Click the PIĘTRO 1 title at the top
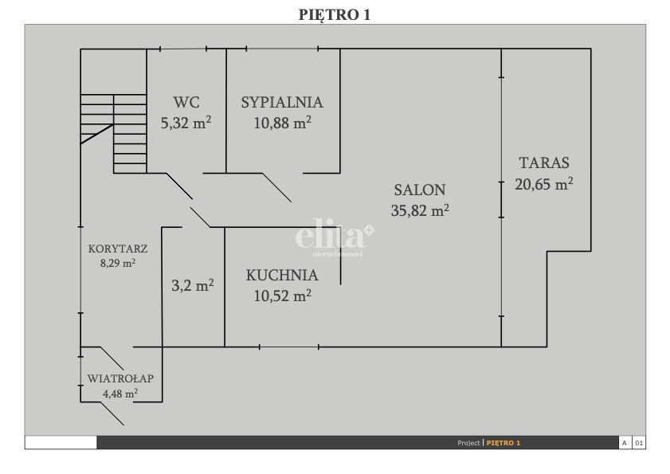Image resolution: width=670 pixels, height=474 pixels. [x=334, y=14]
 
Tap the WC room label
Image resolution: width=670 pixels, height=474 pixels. [x=186, y=102]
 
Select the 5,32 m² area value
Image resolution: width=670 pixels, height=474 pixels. [x=186, y=123]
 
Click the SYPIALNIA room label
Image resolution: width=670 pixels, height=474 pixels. [x=282, y=102]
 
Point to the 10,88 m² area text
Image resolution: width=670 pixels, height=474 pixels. [x=283, y=123]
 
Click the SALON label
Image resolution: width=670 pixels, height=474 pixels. [x=420, y=190]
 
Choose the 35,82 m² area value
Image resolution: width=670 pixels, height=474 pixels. [x=420, y=210]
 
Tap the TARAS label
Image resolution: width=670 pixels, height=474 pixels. [x=544, y=163]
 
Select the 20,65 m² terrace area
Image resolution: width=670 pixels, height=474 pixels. [x=544, y=184]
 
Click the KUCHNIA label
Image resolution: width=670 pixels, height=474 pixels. [x=282, y=275]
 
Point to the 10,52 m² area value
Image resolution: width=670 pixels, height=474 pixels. [x=283, y=296]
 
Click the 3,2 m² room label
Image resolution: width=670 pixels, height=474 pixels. [x=193, y=285]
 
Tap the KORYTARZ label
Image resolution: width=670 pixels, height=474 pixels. [x=118, y=249]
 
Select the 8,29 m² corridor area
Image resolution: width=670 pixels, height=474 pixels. [x=118, y=263]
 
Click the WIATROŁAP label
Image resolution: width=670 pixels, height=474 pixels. [x=120, y=378]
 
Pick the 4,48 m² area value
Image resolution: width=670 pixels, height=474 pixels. [x=120, y=394]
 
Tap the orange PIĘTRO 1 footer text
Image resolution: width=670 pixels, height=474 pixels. [x=503, y=443]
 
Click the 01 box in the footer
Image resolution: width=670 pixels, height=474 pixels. [x=639, y=443]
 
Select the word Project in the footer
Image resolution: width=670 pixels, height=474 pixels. [x=468, y=443]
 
